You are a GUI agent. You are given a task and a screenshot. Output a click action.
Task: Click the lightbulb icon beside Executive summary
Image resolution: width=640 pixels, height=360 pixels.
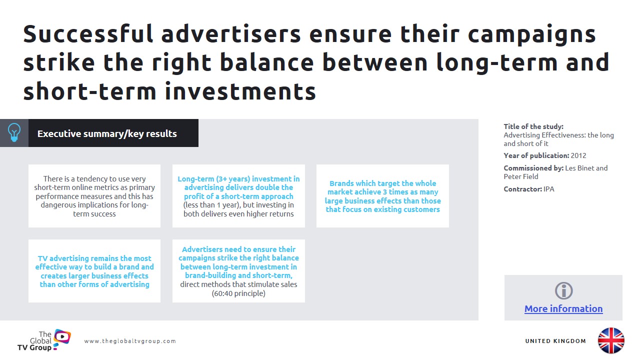click(14, 133)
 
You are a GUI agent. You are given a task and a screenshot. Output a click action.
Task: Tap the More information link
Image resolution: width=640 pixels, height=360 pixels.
click(563, 308)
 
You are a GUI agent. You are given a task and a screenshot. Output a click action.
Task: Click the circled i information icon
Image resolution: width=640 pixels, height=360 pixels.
click(563, 291)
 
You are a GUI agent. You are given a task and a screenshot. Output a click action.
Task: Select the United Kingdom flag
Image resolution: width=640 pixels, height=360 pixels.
click(611, 340)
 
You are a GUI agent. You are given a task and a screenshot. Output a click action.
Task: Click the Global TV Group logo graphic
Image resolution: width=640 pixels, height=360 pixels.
click(62, 338)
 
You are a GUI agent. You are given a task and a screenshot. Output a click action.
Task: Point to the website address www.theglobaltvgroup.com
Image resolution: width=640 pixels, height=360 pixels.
click(130, 341)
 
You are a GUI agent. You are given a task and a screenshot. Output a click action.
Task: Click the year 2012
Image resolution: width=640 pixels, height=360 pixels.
click(578, 155)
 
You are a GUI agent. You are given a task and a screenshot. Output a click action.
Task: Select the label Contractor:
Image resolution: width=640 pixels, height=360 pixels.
click(522, 189)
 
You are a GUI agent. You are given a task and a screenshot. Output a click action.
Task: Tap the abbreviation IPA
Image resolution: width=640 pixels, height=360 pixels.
click(548, 189)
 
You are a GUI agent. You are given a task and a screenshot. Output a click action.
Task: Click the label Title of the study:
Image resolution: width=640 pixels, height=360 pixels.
click(533, 126)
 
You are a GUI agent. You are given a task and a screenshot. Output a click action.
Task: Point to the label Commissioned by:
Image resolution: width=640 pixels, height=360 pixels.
click(533, 168)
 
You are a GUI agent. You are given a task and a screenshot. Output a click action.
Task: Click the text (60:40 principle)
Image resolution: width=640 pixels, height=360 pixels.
click(238, 293)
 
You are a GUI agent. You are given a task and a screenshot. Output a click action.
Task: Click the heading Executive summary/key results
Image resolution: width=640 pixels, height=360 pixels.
click(107, 133)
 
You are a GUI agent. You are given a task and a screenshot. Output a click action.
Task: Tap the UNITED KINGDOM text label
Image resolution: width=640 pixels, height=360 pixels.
click(555, 341)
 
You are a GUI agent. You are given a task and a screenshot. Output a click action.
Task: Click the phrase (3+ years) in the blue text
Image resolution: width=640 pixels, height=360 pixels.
click(233, 179)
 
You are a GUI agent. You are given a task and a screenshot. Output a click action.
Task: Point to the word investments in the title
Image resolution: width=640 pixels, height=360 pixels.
click(240, 91)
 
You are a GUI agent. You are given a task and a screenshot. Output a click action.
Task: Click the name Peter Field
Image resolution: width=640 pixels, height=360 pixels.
click(521, 176)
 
